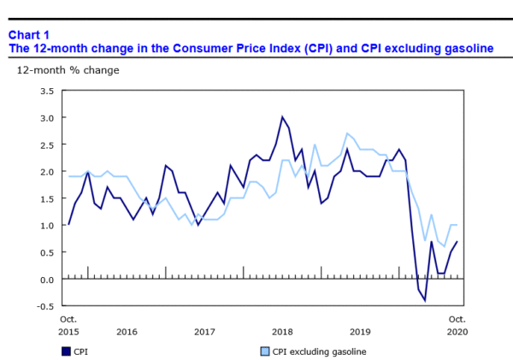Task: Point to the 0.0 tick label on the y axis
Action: pos(47,280)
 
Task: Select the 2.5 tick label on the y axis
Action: pos(47,145)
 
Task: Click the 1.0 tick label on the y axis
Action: pos(47,226)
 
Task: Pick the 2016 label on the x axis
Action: pos(127,331)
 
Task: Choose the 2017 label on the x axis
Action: pos(204,331)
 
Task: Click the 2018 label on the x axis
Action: pos(282,331)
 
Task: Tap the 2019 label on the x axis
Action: pos(360,331)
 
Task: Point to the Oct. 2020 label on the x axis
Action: pos(457,325)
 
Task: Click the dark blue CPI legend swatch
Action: pos(66,351)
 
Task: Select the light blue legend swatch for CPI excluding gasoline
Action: pos(262,351)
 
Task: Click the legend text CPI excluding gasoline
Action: pos(312,351)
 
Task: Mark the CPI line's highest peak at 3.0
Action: pos(282,117)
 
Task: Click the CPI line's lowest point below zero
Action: pos(425,301)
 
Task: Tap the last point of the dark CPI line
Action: pos(457,242)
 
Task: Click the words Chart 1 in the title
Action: pos(29,34)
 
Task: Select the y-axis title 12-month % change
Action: pos(68,70)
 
